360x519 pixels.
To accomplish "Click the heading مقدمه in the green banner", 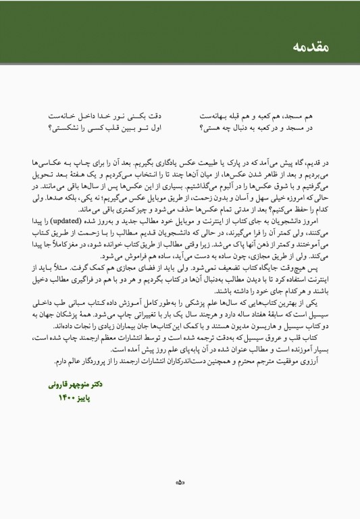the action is coord(311,47).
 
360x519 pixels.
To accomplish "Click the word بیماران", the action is coord(111,324).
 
